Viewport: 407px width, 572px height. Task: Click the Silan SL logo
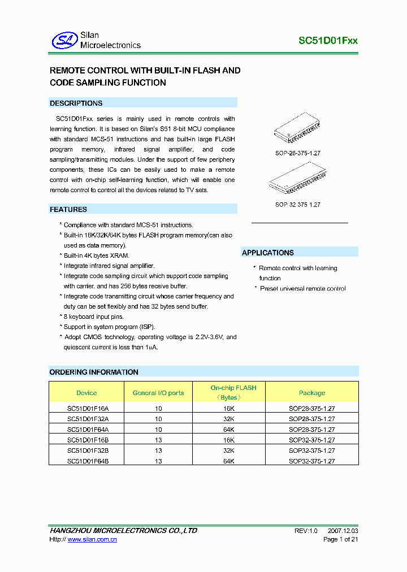64,40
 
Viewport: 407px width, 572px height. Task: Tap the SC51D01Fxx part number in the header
328,41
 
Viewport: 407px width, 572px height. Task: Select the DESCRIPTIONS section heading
76,103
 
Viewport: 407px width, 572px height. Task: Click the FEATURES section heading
68,210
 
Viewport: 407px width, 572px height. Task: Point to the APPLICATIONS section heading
268,253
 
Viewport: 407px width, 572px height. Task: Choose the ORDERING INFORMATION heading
94,372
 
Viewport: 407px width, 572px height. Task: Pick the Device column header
86,393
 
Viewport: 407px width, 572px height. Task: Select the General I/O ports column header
158,393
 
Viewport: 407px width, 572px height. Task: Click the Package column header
312,393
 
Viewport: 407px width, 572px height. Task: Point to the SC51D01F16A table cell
87,409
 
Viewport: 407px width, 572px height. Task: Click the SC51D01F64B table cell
87,461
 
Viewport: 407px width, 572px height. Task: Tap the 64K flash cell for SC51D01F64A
228,430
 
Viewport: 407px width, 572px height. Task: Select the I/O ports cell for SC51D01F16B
158,440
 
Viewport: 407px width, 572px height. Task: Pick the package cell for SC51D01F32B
312,450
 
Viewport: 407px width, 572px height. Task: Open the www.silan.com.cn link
92,540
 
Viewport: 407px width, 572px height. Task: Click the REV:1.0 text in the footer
306,531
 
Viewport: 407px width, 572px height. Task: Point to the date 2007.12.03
343,531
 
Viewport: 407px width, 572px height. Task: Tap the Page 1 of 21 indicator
340,540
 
